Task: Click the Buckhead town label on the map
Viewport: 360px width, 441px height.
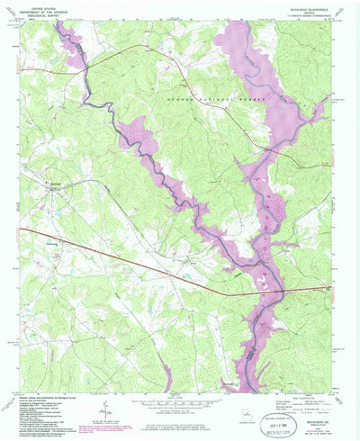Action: click(x=57, y=181)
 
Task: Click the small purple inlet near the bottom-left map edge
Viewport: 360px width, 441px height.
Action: click(x=166, y=382)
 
